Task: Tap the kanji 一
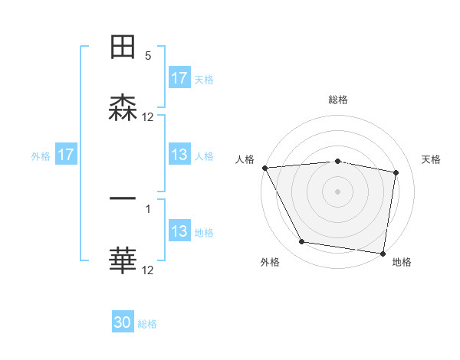(x=123, y=199)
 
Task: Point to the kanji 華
(x=123, y=260)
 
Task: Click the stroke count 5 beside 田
(x=148, y=56)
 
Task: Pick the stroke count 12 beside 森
(x=148, y=117)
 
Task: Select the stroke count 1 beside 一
(x=148, y=208)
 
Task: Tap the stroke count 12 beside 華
(x=148, y=270)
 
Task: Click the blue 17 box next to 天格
(x=179, y=78)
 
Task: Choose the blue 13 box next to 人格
(x=179, y=155)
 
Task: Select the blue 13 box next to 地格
(x=179, y=231)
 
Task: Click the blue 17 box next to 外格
(x=66, y=155)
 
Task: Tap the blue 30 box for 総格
(x=123, y=322)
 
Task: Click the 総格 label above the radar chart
(x=338, y=100)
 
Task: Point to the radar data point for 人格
(x=264, y=168)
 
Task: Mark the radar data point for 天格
(x=396, y=173)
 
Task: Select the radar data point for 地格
(x=383, y=252)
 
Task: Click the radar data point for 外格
(x=302, y=242)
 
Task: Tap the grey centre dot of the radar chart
(x=338, y=191)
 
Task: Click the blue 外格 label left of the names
(x=41, y=155)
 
